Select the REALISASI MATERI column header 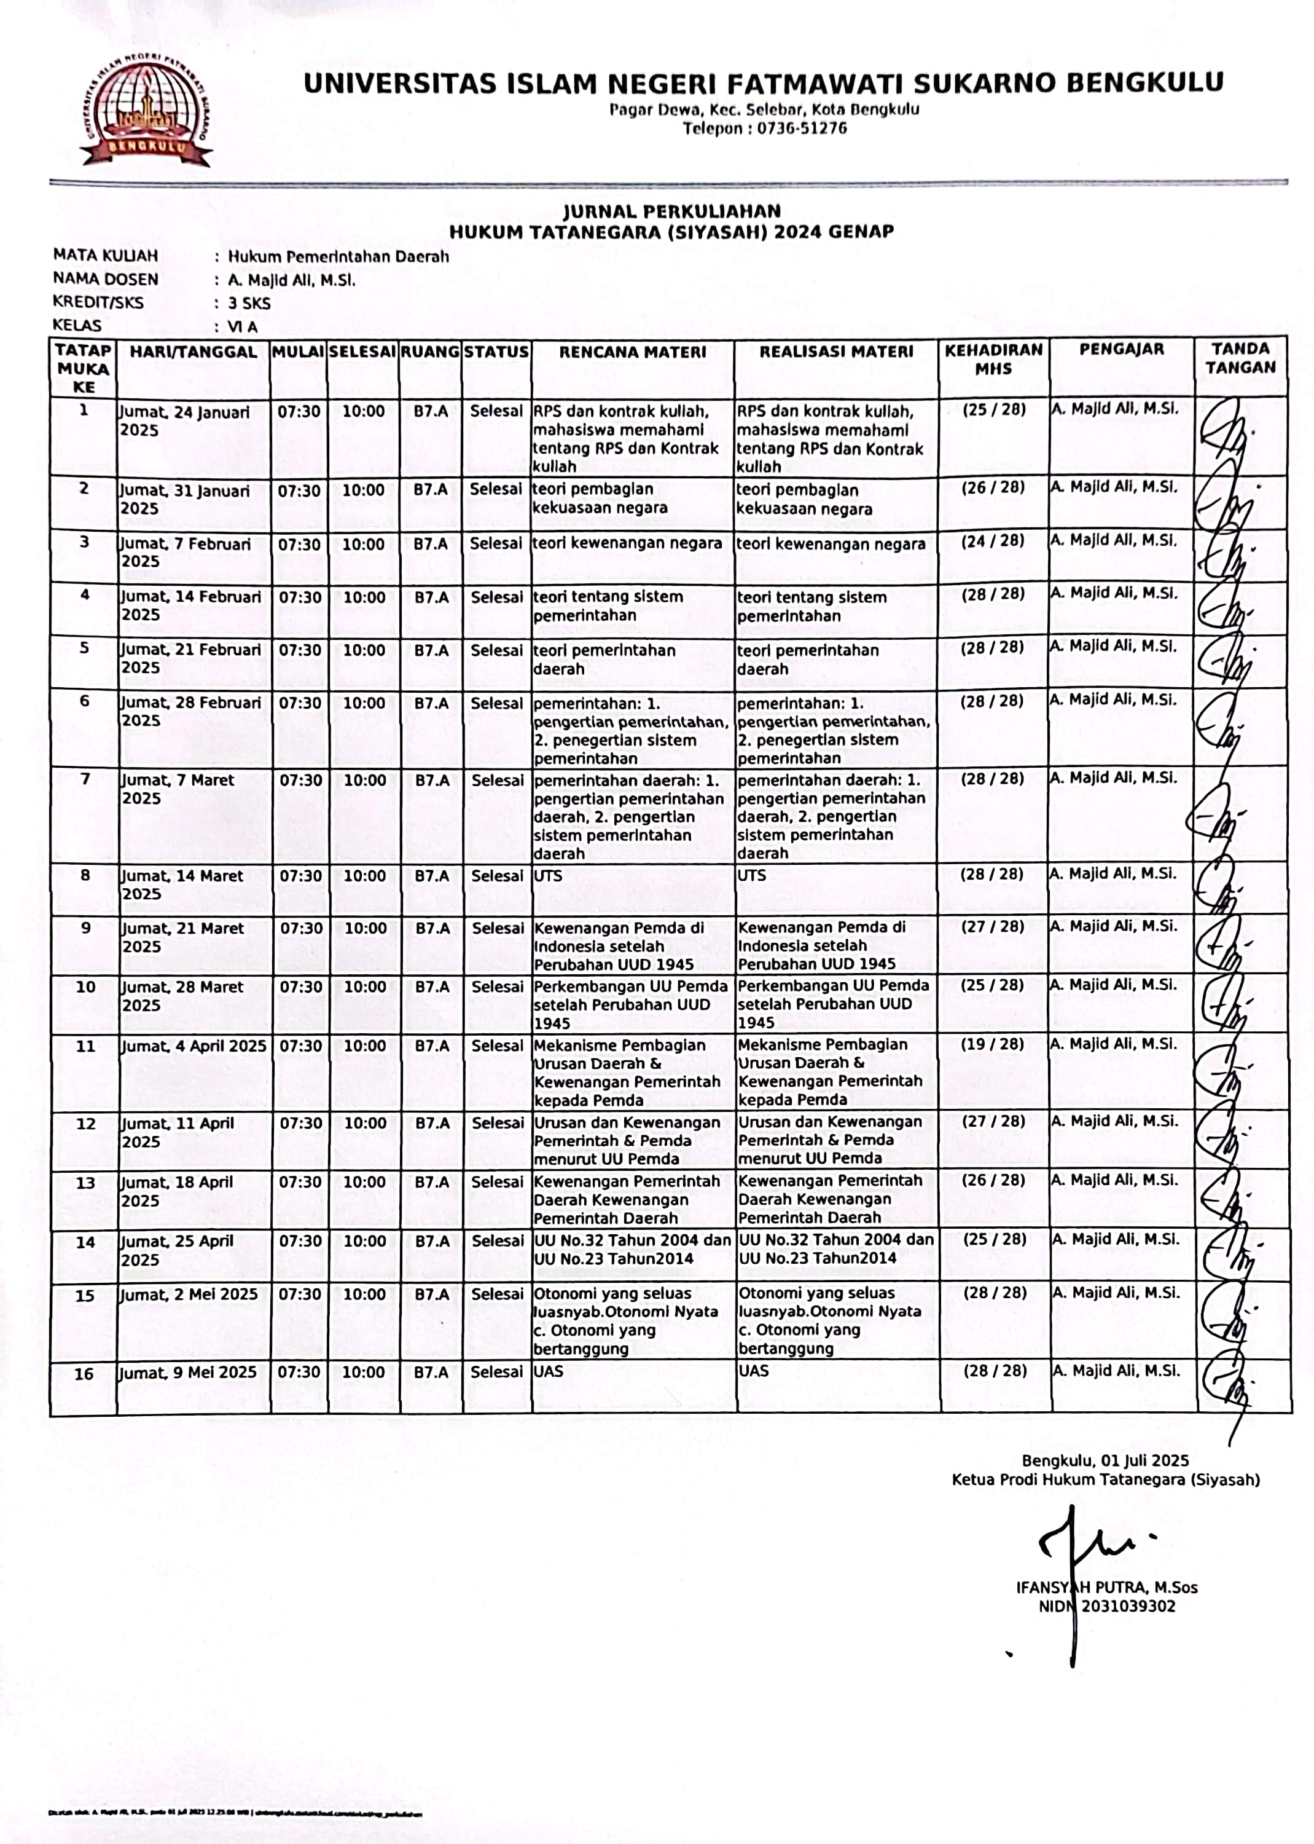point(836,352)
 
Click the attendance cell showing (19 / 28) point(993,1044)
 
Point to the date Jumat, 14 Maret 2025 point(182,885)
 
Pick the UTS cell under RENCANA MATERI point(548,876)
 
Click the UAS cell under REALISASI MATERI point(753,1371)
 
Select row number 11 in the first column point(86,1046)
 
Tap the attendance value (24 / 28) point(993,541)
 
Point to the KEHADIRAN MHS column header point(993,360)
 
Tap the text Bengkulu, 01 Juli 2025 point(1105,1460)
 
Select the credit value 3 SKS point(249,304)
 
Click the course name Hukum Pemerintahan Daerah point(338,256)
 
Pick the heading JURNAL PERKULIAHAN point(671,211)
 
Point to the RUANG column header point(431,352)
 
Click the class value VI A point(242,327)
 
